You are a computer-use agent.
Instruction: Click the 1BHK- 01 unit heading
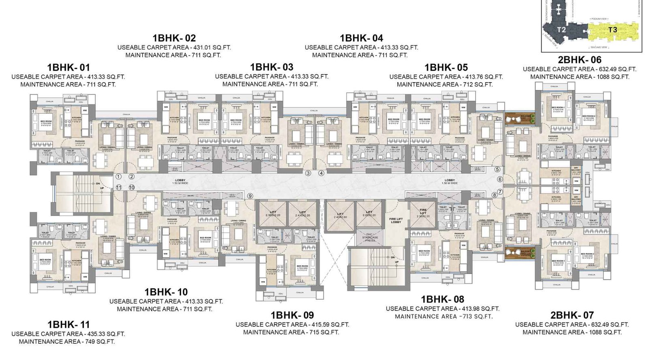click(68, 67)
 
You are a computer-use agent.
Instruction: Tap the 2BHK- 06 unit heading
click(579, 60)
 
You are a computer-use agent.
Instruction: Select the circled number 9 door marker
click(250, 196)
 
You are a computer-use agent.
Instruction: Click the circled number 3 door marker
click(308, 173)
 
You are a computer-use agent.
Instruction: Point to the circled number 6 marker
click(500, 179)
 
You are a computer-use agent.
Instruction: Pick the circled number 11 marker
click(118, 187)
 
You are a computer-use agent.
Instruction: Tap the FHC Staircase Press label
click(370, 238)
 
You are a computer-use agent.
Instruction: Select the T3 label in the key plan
click(613, 30)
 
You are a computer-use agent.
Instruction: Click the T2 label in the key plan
click(561, 30)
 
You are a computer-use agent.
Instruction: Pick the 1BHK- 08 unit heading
click(442, 299)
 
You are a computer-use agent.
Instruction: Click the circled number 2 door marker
click(132, 177)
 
